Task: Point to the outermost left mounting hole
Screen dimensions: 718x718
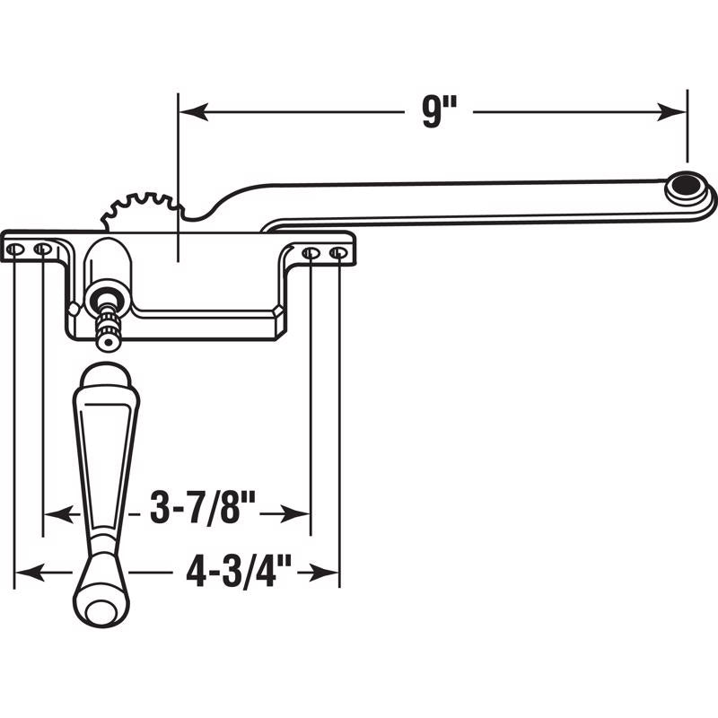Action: click(16, 249)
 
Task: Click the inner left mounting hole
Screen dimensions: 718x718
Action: click(41, 249)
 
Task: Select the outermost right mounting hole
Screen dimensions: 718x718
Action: click(338, 254)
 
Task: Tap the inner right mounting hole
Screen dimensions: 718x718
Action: click(310, 254)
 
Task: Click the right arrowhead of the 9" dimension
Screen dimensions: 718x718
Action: click(674, 112)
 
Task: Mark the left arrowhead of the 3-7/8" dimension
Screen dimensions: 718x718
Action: click(57, 513)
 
